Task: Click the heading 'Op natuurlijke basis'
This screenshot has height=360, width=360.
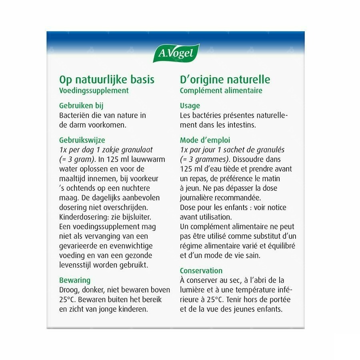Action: click(106, 79)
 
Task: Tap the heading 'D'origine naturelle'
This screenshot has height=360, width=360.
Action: click(225, 79)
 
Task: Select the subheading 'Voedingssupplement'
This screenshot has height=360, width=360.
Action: click(94, 90)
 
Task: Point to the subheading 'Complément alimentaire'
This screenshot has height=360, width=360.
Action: click(221, 90)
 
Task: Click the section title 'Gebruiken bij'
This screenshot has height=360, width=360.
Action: click(81, 106)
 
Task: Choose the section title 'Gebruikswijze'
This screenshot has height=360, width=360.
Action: click(82, 140)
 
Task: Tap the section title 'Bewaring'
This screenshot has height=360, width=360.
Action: click(75, 280)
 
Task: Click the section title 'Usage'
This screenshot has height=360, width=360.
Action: click(190, 106)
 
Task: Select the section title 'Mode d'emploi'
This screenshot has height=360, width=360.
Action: click(205, 140)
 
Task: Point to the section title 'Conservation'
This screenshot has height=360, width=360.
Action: click(201, 270)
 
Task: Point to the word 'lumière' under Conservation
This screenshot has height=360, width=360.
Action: click(193, 290)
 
